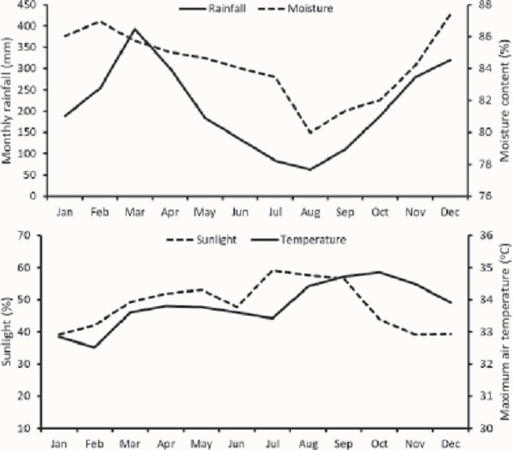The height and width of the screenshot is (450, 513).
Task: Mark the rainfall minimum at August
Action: pos(310,169)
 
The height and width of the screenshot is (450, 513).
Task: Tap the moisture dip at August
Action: pos(310,133)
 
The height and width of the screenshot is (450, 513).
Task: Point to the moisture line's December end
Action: pos(451,14)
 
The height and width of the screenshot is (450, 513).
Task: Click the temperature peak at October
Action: pos(379,272)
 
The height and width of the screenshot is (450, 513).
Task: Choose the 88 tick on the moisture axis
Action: pos(484,5)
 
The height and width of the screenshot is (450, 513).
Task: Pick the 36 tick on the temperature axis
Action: pos(483,235)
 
